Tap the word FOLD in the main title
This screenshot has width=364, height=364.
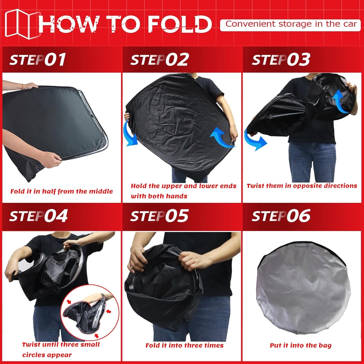click(179, 24)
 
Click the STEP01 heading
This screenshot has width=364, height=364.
click(38, 60)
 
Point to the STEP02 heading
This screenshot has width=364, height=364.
click(159, 60)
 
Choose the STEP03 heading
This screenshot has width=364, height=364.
click(281, 60)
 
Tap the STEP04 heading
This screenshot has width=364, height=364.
click(38, 216)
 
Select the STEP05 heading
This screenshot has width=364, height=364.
click(159, 216)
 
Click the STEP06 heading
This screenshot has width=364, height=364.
click(281, 216)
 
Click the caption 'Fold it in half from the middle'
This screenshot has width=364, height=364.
click(61, 191)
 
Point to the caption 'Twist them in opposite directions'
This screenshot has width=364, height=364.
click(302, 186)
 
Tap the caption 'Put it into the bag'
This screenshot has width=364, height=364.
click(301, 345)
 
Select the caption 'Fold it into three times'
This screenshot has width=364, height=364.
click(184, 345)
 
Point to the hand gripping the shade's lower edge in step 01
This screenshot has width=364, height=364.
click(52, 157)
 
